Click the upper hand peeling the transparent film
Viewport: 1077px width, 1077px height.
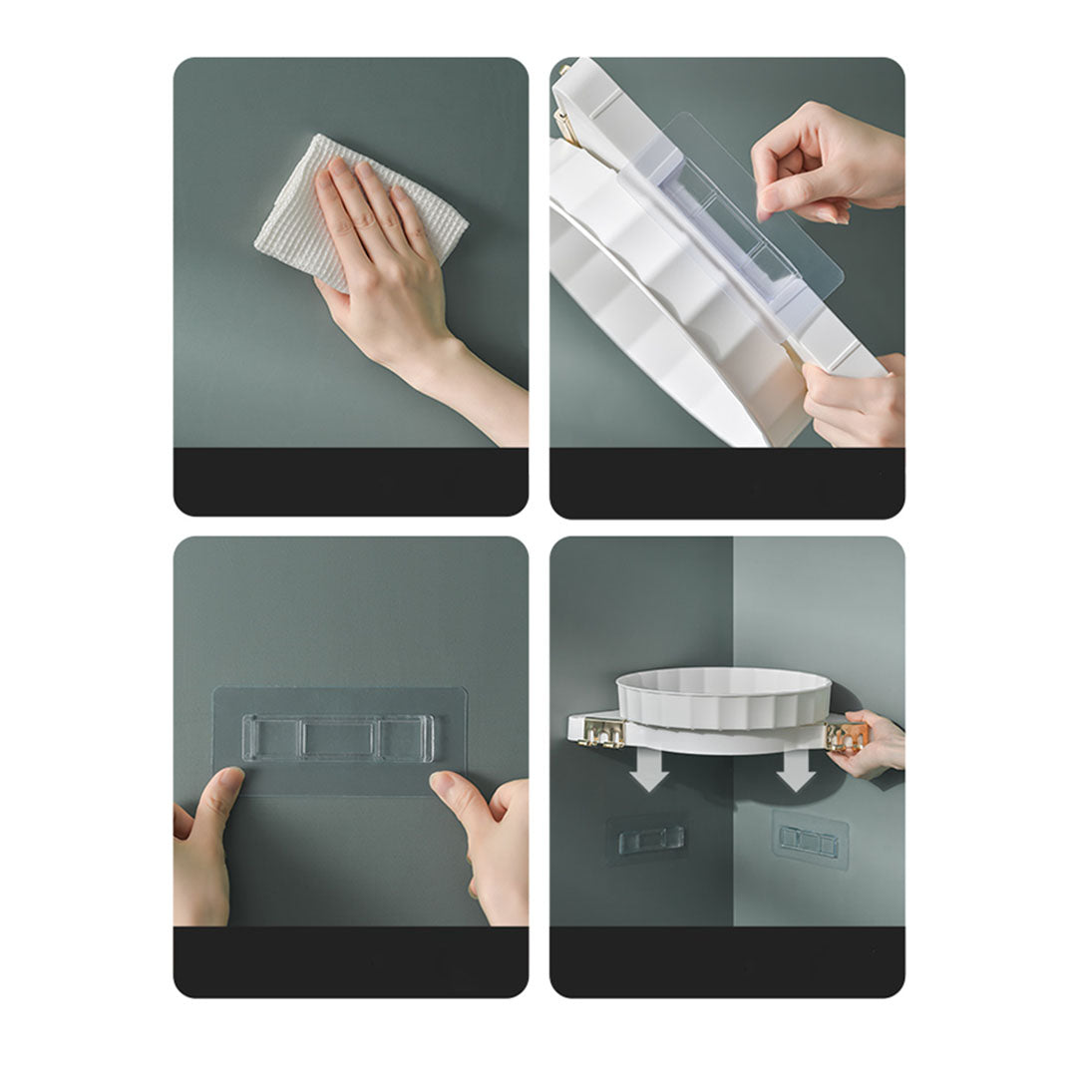(x=818, y=160)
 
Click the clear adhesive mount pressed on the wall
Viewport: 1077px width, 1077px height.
(x=339, y=740)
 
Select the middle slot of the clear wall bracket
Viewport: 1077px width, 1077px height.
(x=339, y=739)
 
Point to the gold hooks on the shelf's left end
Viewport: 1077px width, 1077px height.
(x=602, y=733)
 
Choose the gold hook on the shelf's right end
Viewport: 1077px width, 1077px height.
(x=847, y=736)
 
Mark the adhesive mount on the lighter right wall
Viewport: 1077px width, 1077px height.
(x=810, y=841)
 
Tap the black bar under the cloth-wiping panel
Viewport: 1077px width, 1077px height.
(x=351, y=481)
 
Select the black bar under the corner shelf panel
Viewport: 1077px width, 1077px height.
(x=727, y=961)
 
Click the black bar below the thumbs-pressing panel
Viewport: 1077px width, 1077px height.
(x=351, y=961)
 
